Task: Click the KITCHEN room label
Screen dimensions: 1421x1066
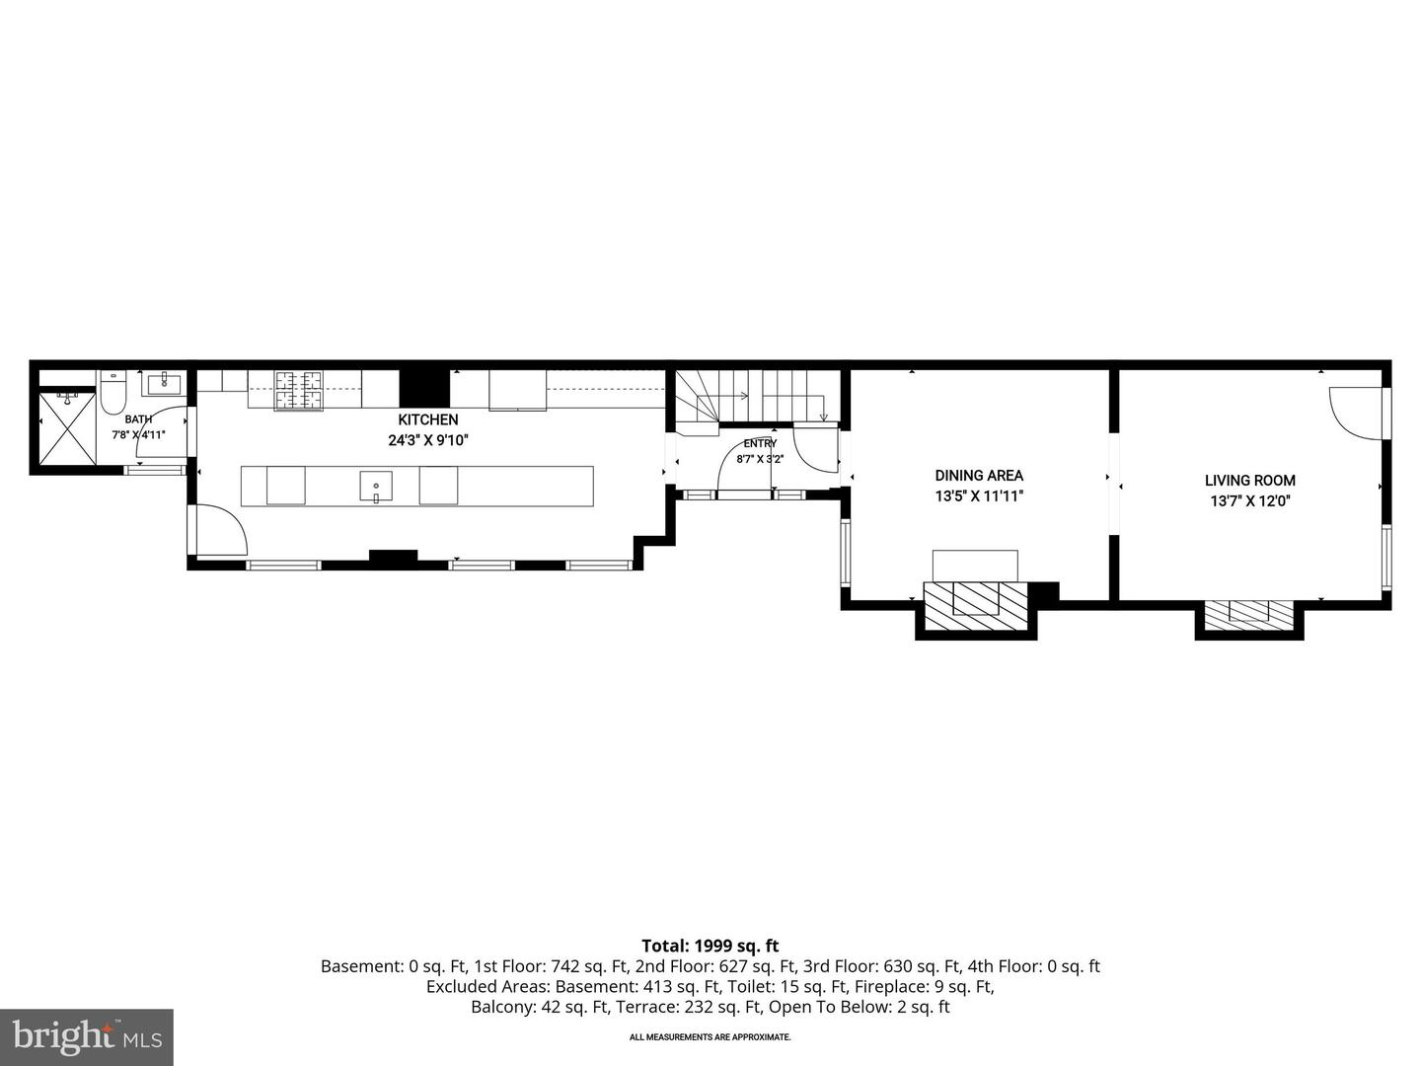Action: pos(428,419)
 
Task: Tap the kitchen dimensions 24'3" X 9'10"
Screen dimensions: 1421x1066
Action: pos(428,441)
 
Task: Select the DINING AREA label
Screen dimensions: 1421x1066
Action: pos(979,476)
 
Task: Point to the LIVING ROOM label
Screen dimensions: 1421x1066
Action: pos(1249,481)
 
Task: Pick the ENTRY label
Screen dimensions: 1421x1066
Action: pos(760,443)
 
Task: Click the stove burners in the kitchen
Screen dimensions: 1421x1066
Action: pos(298,390)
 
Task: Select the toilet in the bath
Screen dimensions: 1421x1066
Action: pos(113,392)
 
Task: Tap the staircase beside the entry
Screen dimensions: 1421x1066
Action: pos(756,398)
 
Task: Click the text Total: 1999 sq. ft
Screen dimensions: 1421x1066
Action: pos(710,946)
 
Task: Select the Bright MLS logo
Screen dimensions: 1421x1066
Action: pos(86,1036)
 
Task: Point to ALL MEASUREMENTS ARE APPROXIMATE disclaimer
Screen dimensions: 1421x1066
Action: pos(710,1036)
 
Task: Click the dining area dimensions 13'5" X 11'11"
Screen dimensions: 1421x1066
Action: pos(978,496)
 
